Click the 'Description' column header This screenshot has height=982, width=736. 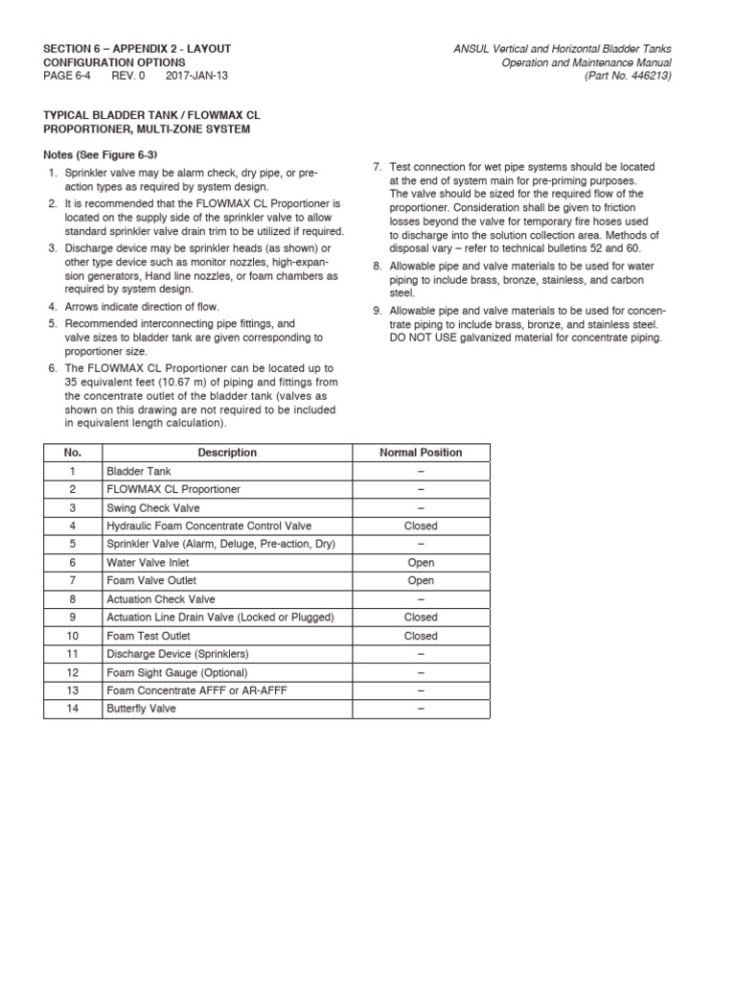click(227, 453)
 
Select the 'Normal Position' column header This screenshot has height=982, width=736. click(421, 453)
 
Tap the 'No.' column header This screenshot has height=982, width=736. click(73, 453)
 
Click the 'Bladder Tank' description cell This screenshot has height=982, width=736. click(139, 471)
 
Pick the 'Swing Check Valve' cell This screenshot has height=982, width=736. click(152, 507)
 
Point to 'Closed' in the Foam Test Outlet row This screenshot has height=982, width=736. click(421, 636)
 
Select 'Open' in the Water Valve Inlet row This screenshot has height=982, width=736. click(421, 563)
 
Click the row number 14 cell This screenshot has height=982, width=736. click(73, 709)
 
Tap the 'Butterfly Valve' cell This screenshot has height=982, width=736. click(141, 709)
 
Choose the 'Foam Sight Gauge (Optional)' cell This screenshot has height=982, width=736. click(176, 672)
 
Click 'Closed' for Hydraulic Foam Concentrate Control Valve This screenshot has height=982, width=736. click(421, 526)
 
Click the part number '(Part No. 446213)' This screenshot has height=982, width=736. click(627, 76)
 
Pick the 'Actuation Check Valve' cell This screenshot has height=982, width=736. click(161, 599)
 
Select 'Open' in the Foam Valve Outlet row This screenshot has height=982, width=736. click(421, 581)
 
